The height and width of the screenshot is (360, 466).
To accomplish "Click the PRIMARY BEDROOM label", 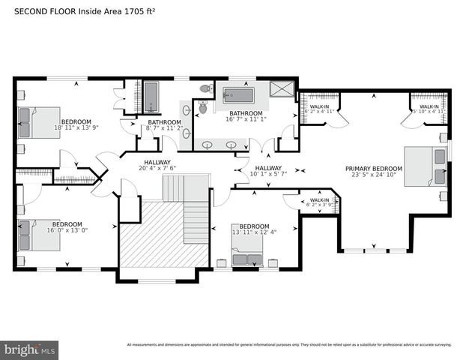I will pyautogui.click(x=373, y=169).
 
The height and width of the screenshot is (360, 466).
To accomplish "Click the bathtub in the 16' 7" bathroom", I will pyautogui.click(x=239, y=96).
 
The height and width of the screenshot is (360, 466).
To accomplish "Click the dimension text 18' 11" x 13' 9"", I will pyautogui.click(x=76, y=128).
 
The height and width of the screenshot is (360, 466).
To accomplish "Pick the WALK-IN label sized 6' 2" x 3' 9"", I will pyautogui.click(x=319, y=202).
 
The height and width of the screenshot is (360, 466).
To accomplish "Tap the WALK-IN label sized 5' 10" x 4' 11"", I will pyautogui.click(x=429, y=109).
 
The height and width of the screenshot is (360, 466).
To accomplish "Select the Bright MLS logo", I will pyautogui.click(x=30, y=349).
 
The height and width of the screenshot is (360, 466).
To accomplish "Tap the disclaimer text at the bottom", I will pyautogui.click(x=288, y=345).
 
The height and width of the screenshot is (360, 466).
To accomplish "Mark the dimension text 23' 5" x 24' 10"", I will pyautogui.click(x=373, y=175).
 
